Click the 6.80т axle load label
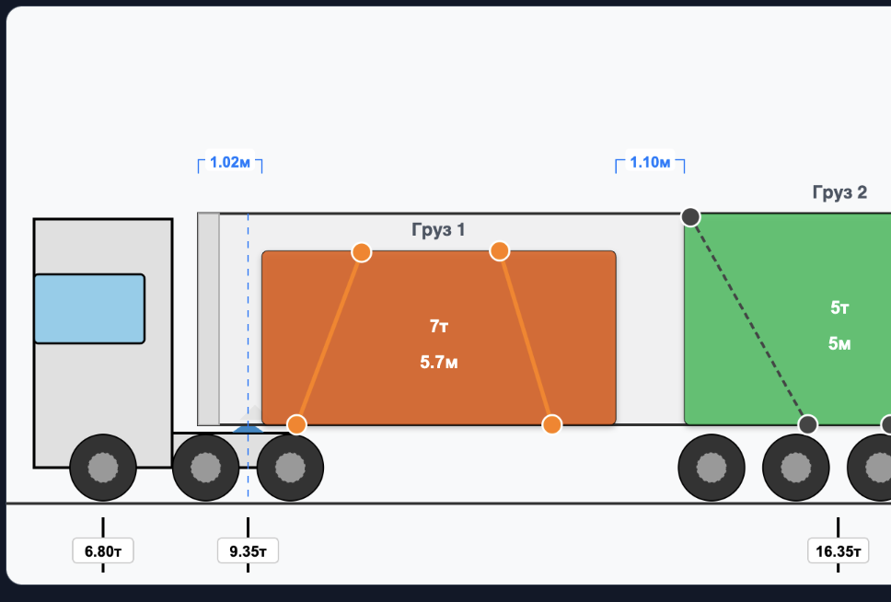103,550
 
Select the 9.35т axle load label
248,550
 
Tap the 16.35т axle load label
839,550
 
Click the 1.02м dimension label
230,162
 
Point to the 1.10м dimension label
650,162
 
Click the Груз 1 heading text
438,229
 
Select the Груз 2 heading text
839,192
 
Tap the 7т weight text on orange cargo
439,326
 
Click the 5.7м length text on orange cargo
439,362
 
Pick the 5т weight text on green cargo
839,307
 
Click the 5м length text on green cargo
839,343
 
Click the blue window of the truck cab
89,308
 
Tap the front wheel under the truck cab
103,468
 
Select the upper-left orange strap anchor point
362,252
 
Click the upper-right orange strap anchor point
499,250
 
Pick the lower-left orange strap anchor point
296,424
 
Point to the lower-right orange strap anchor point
551,424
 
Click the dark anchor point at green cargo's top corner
690,216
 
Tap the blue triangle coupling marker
248,429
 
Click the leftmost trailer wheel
712,468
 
